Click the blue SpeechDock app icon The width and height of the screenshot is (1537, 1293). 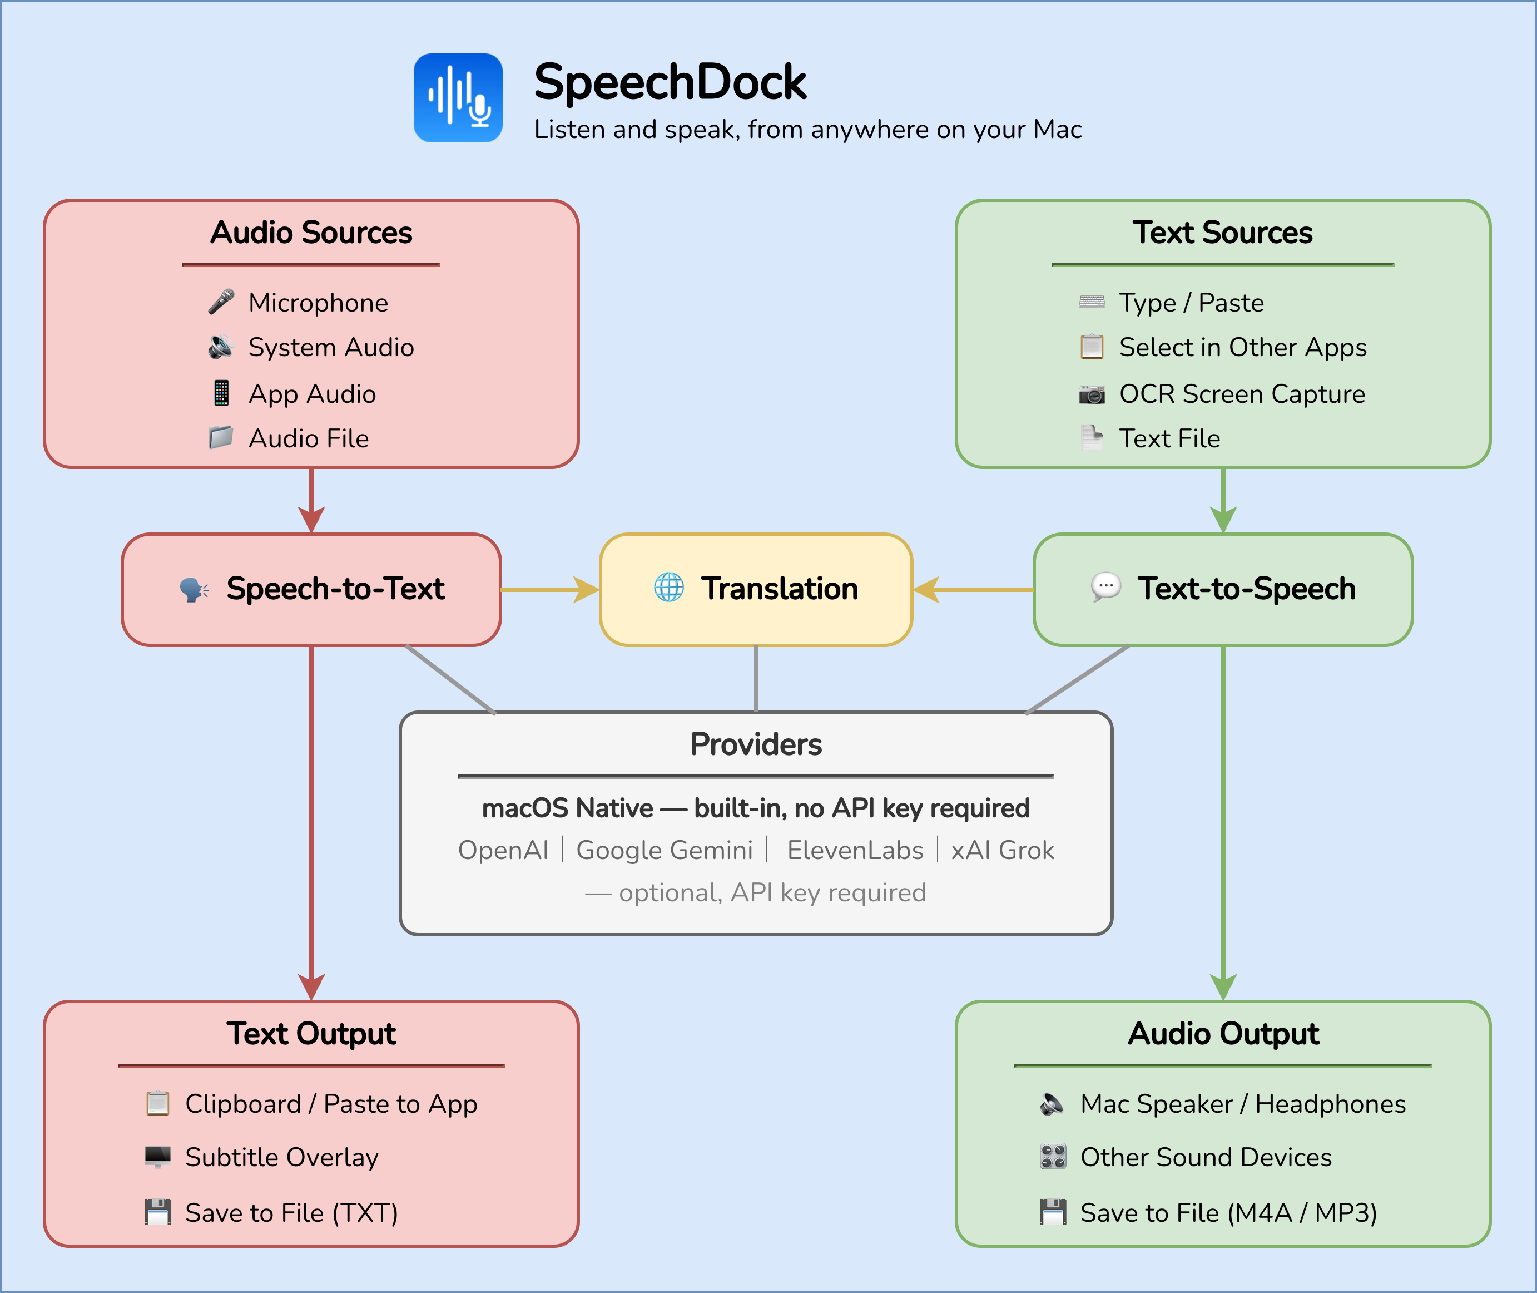458,97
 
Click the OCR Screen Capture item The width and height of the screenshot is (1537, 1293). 1241,394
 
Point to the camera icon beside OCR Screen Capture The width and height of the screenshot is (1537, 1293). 1092,394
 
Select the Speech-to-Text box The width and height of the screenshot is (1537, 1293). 311,589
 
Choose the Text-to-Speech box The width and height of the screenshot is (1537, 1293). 1223,589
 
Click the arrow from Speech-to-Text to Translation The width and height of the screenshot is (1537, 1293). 549,589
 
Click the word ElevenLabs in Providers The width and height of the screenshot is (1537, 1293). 854,850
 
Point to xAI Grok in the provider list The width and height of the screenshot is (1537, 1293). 1001,850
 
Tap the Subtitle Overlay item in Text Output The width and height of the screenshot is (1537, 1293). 281,1157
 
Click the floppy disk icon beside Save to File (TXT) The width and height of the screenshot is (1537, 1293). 157,1212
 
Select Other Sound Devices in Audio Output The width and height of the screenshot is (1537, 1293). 1205,1157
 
